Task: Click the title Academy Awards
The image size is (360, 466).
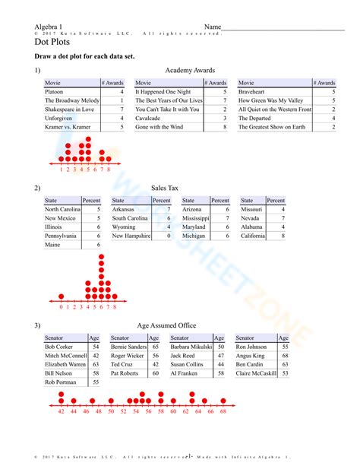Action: click(185, 70)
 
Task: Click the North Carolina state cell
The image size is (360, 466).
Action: click(62, 209)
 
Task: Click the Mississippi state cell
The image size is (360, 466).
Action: click(196, 218)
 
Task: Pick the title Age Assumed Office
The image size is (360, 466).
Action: click(166, 325)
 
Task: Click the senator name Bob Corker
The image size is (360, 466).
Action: click(60, 347)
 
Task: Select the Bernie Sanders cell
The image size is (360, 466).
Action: click(128, 347)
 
